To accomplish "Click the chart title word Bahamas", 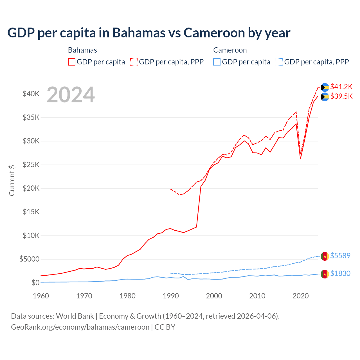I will tap(139, 33).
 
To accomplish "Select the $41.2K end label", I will tap(341, 87).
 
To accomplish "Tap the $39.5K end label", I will tap(341, 96).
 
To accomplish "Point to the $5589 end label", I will tap(340, 256).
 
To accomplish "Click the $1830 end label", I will tap(340, 273).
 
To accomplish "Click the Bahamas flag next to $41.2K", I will tap(325, 87).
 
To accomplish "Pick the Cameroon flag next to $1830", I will tap(325, 274).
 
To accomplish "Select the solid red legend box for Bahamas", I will tap(72, 62).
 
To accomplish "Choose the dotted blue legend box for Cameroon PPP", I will tap(279, 62).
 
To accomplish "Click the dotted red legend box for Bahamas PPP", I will tap(134, 62).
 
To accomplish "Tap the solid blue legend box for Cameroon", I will tap(217, 62).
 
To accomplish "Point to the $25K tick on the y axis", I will tap(31, 165).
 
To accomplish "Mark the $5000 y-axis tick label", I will tap(29, 259).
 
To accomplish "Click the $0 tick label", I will tap(35, 283).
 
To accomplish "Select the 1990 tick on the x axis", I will tap(171, 296).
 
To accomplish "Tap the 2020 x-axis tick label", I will tap(301, 296).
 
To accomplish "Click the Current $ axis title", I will tap(12, 180).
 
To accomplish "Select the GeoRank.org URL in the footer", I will tap(80, 327).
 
